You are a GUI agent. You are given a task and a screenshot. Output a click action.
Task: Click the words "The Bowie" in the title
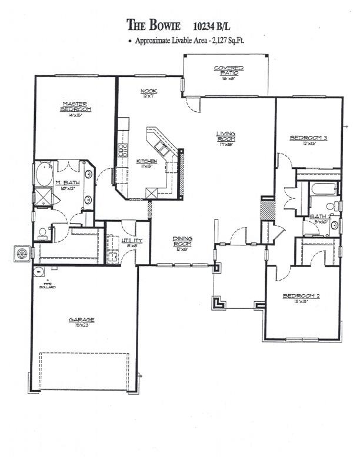click(155, 25)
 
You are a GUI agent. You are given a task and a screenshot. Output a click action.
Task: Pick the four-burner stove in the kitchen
click(122, 149)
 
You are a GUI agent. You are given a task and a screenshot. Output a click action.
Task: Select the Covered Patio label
click(228, 71)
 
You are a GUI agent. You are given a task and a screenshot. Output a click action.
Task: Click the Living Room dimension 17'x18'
click(225, 144)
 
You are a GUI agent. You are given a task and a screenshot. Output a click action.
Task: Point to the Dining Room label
click(182, 241)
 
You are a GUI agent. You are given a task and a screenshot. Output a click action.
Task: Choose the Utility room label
click(130, 241)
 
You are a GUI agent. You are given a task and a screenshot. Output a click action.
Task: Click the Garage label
click(81, 320)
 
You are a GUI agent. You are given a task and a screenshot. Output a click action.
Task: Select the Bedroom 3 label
click(308, 138)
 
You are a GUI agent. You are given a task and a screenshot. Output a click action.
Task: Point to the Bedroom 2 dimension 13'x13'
click(301, 301)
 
